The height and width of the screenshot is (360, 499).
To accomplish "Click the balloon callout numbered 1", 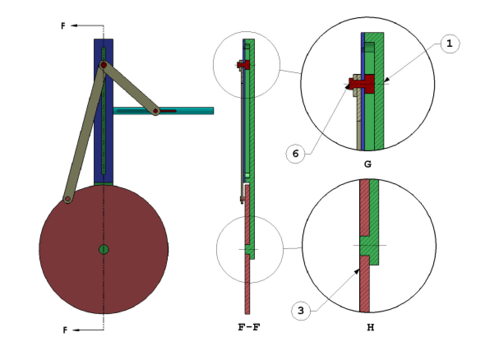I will coord(450,44).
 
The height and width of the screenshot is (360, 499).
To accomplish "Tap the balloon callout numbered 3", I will coord(301,311).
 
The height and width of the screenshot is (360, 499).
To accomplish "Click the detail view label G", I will coord(367,164).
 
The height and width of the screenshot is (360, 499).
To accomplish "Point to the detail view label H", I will coord(370,328).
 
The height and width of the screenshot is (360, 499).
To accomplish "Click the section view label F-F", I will coord(249,328).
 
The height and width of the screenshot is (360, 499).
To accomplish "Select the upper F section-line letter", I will coord(63,26).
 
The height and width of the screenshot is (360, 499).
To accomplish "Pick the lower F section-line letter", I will coord(65,330).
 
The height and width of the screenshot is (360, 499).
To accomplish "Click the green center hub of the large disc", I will coord(104,249).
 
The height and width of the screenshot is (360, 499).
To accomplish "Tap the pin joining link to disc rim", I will coord(67,199).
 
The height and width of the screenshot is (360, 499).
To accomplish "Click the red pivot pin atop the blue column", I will coord(104,65).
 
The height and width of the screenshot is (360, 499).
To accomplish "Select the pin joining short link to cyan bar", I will coord(156,111).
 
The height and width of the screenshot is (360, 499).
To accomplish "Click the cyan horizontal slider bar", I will coord(193,111).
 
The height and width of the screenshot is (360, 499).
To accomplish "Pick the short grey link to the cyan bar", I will coord(129,88).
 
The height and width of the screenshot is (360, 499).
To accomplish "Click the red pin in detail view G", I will coord(364,84).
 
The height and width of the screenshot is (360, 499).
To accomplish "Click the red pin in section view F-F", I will coord(246,65).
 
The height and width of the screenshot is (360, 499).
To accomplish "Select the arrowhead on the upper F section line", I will coord(74,25).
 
